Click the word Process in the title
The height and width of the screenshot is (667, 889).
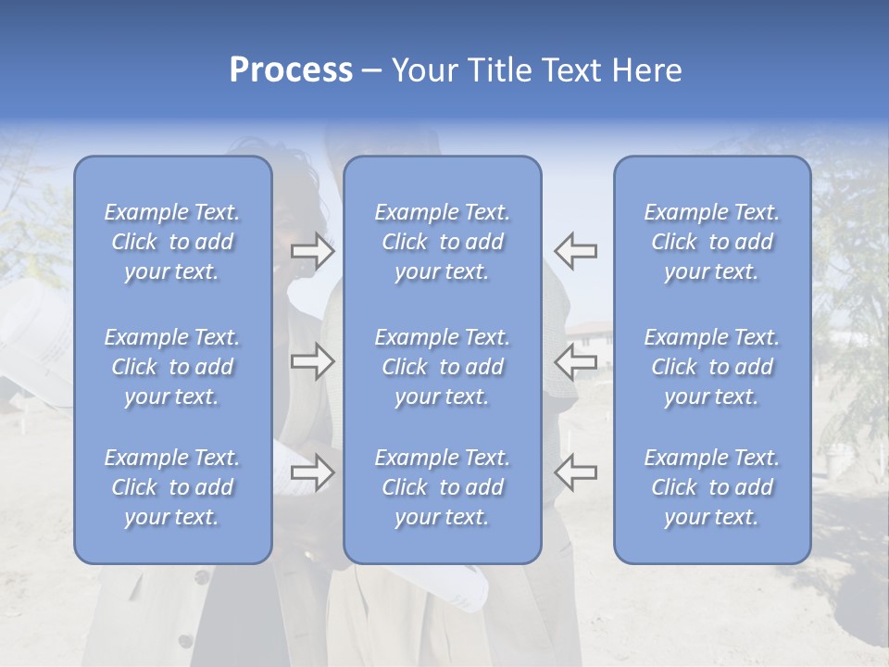[x=291, y=70]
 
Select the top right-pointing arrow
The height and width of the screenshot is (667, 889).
[x=313, y=251]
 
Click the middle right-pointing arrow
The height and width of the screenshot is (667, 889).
[x=313, y=361]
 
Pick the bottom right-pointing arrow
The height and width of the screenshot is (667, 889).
[x=313, y=472]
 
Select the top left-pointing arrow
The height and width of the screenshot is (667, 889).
[x=575, y=251]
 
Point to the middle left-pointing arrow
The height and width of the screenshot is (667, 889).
[x=575, y=361]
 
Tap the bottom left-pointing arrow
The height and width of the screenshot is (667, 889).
[x=575, y=472]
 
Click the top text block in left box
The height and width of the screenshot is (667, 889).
[x=172, y=242]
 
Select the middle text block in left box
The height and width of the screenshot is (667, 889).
[x=172, y=367]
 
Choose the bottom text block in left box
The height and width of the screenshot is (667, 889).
[x=172, y=487]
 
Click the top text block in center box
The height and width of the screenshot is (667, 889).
[x=442, y=242]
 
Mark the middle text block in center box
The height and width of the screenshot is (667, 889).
[x=442, y=367]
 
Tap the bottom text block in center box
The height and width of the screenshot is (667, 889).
[x=442, y=487]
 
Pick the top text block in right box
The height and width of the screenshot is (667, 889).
[x=711, y=242]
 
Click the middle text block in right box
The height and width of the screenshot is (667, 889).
[x=711, y=367]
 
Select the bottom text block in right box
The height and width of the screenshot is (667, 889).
[x=711, y=487]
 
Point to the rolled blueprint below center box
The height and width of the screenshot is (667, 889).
[x=463, y=584]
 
